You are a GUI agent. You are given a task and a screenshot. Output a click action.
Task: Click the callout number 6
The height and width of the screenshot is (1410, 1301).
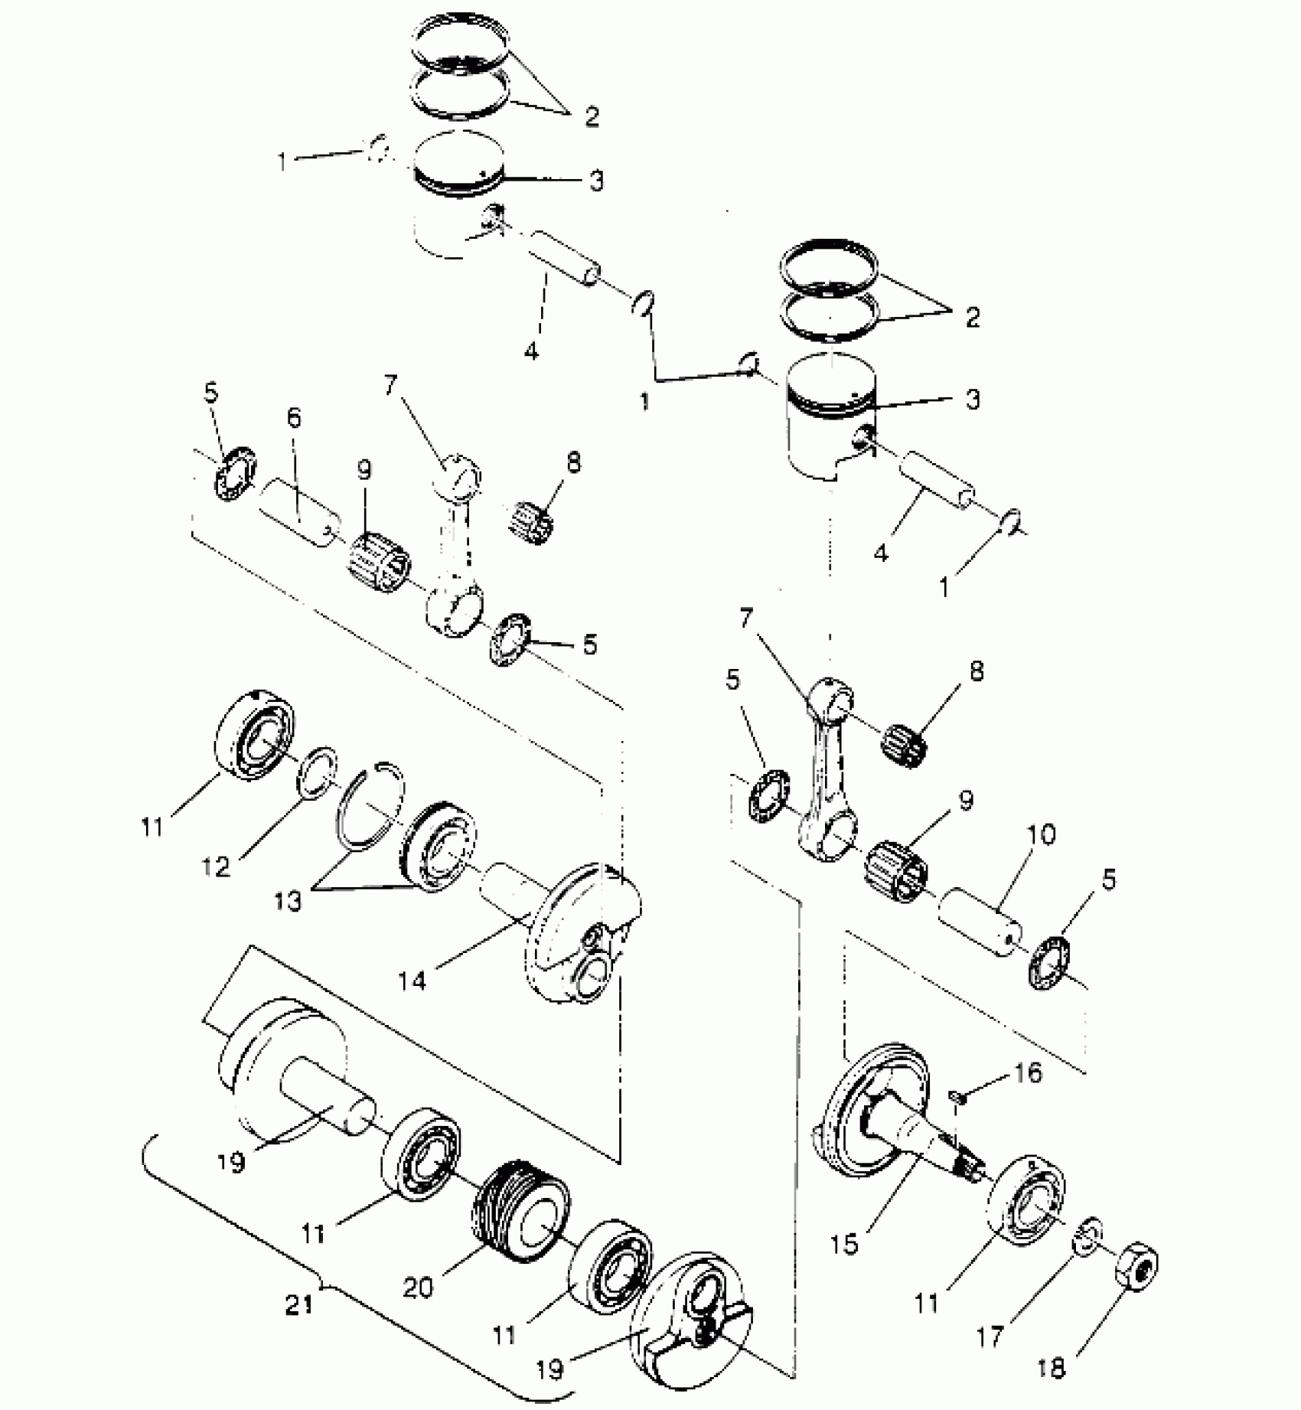(294, 418)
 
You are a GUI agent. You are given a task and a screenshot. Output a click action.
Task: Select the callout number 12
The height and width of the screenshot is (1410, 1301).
(216, 867)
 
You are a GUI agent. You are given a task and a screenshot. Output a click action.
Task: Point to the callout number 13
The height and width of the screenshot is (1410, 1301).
(289, 902)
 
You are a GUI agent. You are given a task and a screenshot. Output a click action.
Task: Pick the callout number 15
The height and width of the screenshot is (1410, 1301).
(845, 1245)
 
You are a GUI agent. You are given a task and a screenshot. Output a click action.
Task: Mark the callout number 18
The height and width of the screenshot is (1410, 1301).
(1052, 1368)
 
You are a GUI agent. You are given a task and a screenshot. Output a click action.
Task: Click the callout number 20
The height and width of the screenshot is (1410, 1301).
(418, 1288)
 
